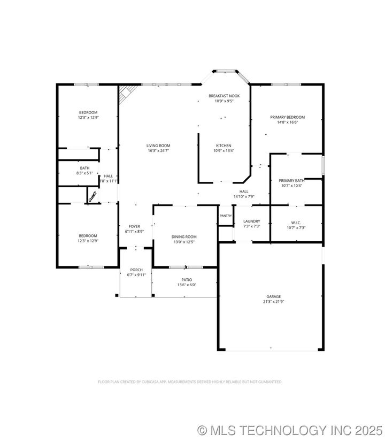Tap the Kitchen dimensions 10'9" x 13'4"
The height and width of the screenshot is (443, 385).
click(x=224, y=150)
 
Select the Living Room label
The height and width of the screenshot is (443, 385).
click(x=158, y=146)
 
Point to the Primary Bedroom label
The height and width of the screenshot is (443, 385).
click(x=287, y=117)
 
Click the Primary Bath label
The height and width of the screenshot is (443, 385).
click(x=292, y=180)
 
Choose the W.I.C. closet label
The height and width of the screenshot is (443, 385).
click(x=296, y=222)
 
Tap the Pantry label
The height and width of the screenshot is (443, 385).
click(x=225, y=216)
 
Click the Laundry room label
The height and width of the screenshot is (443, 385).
click(x=251, y=221)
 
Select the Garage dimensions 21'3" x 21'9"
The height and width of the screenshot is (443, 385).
click(x=274, y=302)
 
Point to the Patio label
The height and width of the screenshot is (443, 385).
click(x=187, y=280)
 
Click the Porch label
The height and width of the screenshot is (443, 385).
click(x=136, y=270)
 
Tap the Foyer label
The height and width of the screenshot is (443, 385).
click(x=134, y=226)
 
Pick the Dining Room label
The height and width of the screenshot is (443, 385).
click(x=184, y=236)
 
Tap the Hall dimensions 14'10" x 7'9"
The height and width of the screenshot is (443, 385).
click(x=243, y=196)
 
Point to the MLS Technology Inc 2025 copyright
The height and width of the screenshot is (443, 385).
click(x=289, y=430)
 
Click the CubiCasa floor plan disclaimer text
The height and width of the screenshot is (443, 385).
click(x=190, y=382)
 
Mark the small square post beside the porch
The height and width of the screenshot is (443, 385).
click(x=117, y=295)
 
